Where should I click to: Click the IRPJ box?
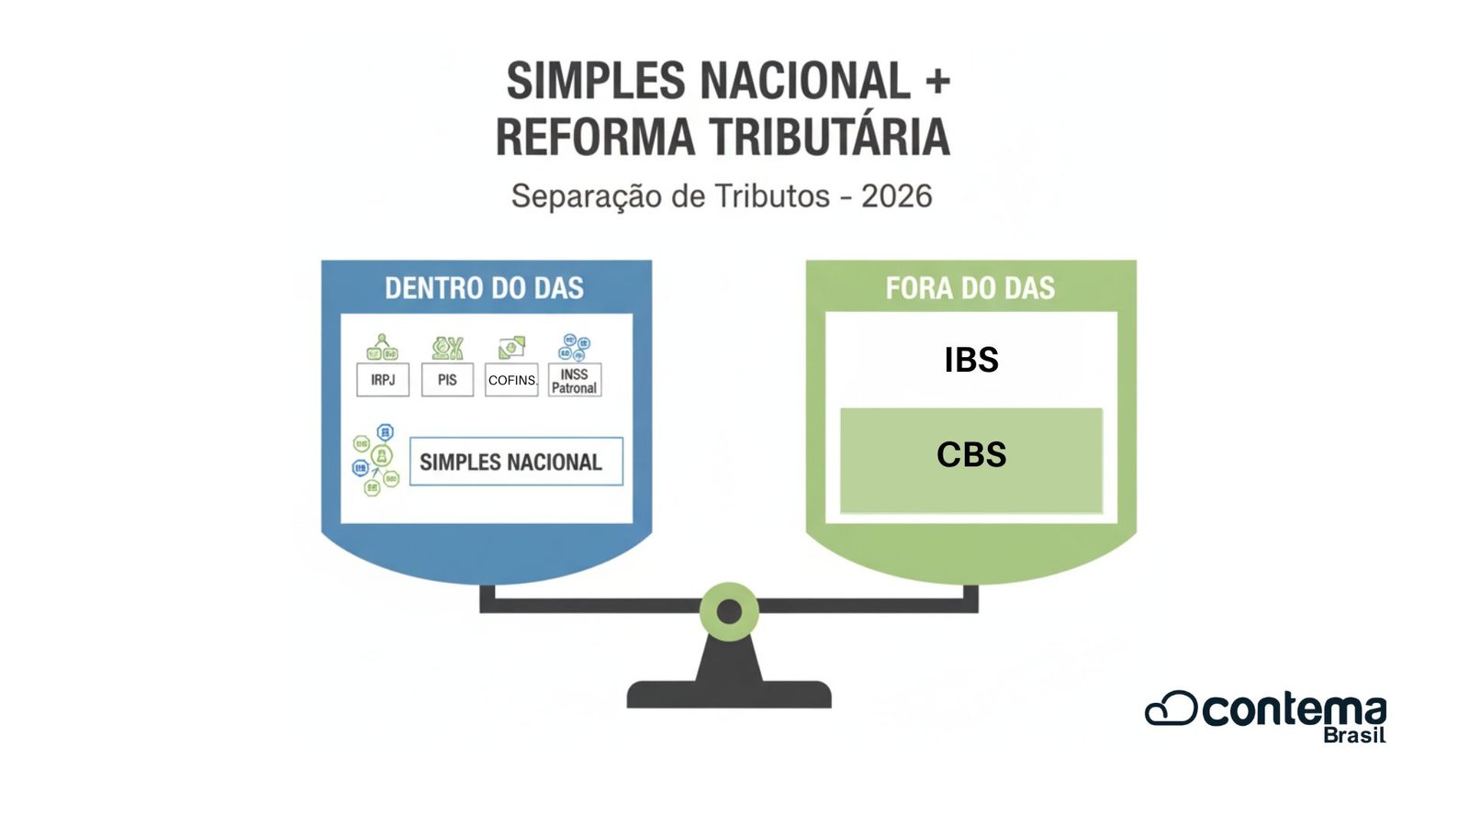click(383, 379)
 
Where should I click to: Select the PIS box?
click(447, 379)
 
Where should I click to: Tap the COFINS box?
click(511, 380)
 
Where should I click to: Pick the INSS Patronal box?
click(575, 381)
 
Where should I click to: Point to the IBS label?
click(971, 360)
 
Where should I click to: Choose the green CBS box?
click(971, 459)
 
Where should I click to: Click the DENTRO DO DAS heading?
click(484, 288)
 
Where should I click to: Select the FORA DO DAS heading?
click(970, 288)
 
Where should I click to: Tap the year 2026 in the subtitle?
click(896, 196)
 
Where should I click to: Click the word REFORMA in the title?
click(595, 138)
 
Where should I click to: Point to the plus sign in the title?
click(937, 82)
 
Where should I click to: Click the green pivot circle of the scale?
click(729, 611)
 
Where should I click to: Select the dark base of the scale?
click(729, 694)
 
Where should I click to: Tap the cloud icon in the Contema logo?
click(1171, 709)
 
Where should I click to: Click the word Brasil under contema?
click(1354, 735)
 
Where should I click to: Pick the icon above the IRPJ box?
click(382, 348)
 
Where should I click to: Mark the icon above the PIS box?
click(447, 348)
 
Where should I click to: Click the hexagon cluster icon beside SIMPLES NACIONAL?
click(376, 460)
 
